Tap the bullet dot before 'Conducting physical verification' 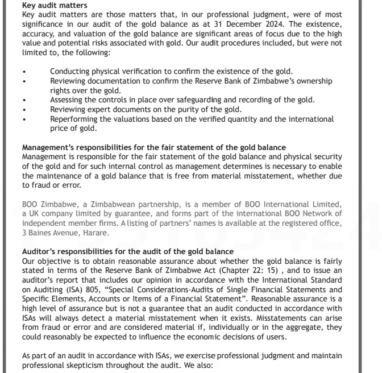point(24,71)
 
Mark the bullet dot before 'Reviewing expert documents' point(24,109)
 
